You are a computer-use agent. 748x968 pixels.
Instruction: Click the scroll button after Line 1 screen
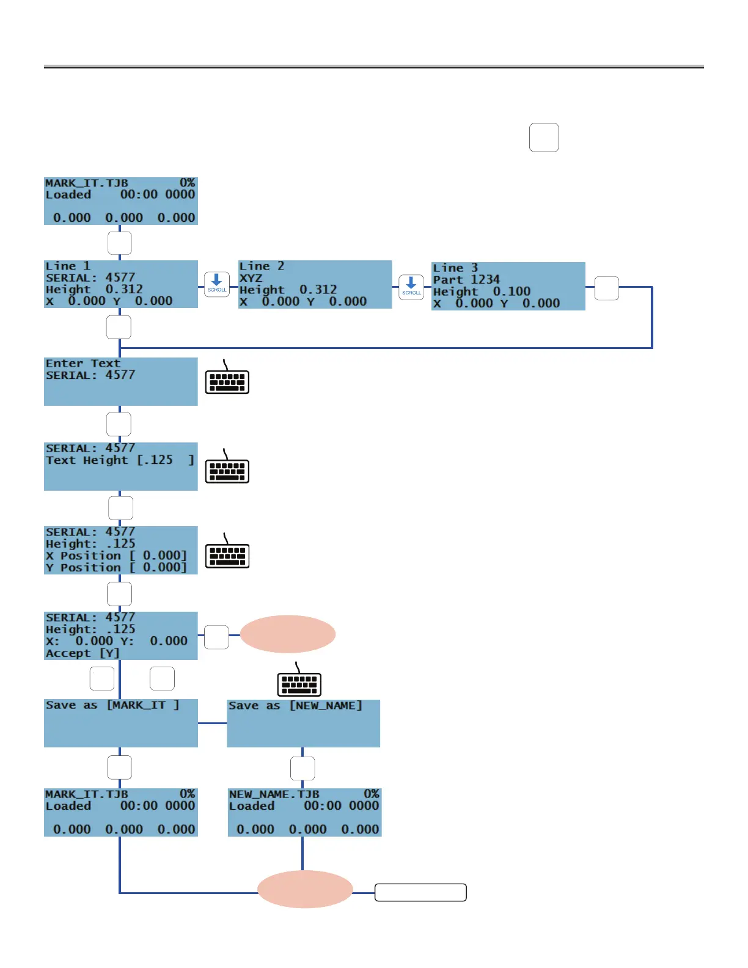coord(217,284)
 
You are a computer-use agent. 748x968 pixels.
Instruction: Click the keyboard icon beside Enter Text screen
coord(227,378)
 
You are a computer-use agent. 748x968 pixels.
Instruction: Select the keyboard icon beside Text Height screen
coord(227,468)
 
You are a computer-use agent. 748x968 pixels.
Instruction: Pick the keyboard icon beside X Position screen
coord(227,552)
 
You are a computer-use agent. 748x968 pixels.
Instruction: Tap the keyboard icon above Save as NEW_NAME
coord(299,681)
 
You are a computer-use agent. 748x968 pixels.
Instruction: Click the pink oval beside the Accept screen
coord(287,634)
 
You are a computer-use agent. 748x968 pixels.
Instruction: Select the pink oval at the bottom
coord(304,889)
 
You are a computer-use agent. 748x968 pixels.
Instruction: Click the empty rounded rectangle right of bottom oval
coord(420,893)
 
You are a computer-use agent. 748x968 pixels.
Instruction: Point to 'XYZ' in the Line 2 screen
coord(251,278)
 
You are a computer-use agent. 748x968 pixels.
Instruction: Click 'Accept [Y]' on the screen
coord(82,653)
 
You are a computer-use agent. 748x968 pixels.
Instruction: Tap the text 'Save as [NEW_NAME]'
coord(295,706)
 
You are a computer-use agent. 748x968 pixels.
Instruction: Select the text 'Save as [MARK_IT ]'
coord(112,705)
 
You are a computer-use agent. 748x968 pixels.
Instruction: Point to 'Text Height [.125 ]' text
coord(120,460)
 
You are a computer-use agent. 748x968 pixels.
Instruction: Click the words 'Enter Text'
coord(83,364)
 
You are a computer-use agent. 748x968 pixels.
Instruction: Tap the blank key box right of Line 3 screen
coord(606,288)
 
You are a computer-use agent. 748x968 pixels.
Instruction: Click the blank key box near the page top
coord(544,137)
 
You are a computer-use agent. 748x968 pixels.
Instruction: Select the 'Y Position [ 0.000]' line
coord(116,568)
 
